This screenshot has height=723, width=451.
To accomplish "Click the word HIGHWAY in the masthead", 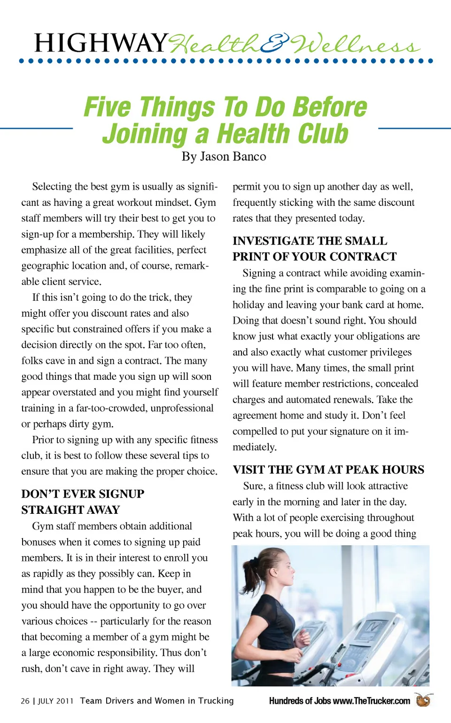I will [101, 43].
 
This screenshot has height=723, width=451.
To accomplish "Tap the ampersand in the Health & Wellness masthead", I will [275, 44].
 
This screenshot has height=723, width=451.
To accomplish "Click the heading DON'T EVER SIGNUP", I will [83, 494].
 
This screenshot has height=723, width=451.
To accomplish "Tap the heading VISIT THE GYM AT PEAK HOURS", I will [328, 470].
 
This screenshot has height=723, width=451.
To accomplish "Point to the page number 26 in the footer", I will [25, 701].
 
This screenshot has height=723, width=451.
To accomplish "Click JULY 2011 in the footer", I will [55, 701].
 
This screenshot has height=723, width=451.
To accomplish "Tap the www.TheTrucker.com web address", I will [371, 701].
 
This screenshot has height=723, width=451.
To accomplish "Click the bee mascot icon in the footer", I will [423, 700].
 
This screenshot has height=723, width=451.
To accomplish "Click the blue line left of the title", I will [36, 128].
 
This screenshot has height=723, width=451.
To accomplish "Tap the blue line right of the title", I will [414, 128].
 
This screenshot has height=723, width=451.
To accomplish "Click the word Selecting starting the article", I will [51, 187].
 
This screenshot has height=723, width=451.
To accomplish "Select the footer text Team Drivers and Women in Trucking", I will [156, 701].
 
